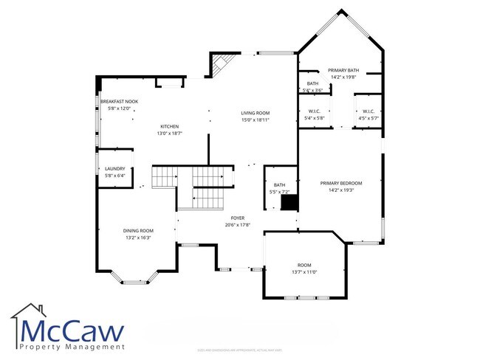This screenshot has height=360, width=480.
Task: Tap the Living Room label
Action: pos(256,113)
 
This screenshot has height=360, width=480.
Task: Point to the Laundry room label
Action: pos(114,168)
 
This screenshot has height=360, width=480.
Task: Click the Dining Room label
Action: pos(138,230)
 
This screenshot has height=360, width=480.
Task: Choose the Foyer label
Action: pos(237,218)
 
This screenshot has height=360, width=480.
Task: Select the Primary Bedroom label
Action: pos(340,183)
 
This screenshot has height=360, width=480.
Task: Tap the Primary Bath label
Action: pos(343,70)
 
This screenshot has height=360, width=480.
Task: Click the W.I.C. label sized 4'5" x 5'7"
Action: pos(368,111)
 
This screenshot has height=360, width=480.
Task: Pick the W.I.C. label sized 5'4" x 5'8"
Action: pos(315,111)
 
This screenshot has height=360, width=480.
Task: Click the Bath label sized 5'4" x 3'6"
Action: pos(313,83)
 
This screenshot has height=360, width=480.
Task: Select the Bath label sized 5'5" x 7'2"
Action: pos(279,185)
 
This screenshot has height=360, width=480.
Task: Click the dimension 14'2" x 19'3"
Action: pos(340,190)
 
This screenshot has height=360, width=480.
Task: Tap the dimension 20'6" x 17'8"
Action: pos(237,225)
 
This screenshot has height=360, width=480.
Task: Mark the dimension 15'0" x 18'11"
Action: pos(256,120)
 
